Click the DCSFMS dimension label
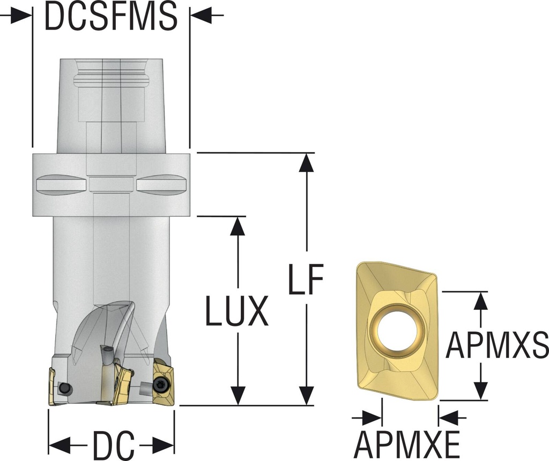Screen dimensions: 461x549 [x=111, y=17]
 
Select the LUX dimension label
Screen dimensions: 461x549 [x=236, y=311]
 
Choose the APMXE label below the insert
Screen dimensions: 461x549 [x=407, y=444]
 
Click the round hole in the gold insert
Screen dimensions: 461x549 [x=397, y=326]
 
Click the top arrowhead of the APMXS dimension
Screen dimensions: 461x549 [x=481, y=301]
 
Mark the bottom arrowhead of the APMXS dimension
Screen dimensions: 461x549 [x=481, y=390]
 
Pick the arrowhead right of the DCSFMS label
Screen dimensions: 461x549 [x=201, y=17]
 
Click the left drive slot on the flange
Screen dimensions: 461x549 [x=61, y=184]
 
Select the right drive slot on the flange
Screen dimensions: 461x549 [x=161, y=184]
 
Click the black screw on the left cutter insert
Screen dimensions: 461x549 [x=65, y=388]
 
